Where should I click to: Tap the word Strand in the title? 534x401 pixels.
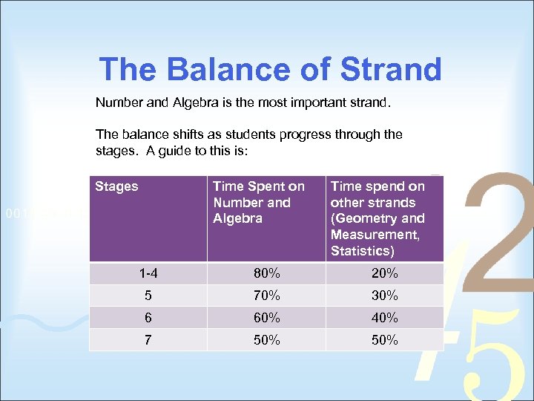point(391,70)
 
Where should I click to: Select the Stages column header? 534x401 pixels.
point(116,186)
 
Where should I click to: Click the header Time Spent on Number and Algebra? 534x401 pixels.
point(258,202)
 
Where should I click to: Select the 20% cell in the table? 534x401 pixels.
point(384,273)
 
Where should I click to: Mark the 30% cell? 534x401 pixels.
point(384,296)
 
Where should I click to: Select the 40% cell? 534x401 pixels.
point(384,318)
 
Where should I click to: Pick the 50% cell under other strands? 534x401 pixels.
point(384,340)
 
